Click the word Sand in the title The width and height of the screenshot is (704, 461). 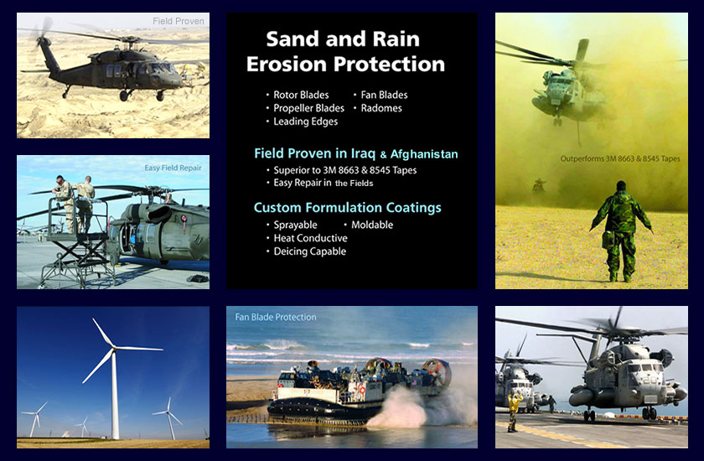[x=292, y=39]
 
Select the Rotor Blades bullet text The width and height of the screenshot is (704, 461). [x=301, y=96]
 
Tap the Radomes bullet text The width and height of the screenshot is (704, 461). [x=381, y=108]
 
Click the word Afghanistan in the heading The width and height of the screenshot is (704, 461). [x=424, y=154]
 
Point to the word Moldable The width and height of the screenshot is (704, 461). [x=372, y=225]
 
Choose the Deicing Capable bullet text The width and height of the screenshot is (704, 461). [x=310, y=251]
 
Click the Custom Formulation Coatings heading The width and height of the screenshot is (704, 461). [x=348, y=208]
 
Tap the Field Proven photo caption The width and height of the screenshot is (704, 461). [x=179, y=21]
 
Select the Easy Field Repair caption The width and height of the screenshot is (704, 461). [x=173, y=168]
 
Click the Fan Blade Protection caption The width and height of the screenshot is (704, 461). [x=276, y=317]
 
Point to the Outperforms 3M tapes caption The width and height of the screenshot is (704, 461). [x=620, y=158]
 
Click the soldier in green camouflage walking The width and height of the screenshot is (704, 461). [x=621, y=231]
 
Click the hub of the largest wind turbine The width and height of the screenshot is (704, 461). [x=114, y=349]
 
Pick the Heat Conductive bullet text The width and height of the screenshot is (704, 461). [x=310, y=238]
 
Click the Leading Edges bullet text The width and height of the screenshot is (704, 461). [x=305, y=122]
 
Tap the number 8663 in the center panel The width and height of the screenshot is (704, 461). [x=335, y=171]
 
